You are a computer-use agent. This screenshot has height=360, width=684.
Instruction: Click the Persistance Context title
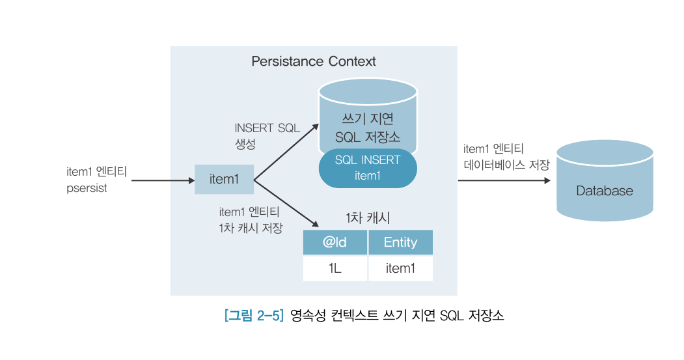pyautogui.click(x=313, y=62)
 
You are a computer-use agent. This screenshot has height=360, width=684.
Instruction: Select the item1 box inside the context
pyautogui.click(x=224, y=179)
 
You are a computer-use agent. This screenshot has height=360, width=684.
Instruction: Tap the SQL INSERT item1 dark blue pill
pyautogui.click(x=368, y=168)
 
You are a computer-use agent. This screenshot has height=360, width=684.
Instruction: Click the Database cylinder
pyautogui.click(x=605, y=191)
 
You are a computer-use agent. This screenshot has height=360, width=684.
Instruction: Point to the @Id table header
pyautogui.click(x=335, y=243)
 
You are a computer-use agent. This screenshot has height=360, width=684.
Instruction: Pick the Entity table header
pyautogui.click(x=400, y=243)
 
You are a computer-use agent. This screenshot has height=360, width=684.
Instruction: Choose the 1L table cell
pyautogui.click(x=335, y=268)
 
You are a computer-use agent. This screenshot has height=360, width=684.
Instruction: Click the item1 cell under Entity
pyautogui.click(x=400, y=268)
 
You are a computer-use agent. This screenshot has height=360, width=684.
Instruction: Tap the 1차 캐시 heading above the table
pyautogui.click(x=368, y=218)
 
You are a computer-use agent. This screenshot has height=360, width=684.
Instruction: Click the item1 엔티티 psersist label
pyautogui.click(x=96, y=180)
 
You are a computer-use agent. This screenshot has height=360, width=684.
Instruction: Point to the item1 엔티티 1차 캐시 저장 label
pyautogui.click(x=250, y=220)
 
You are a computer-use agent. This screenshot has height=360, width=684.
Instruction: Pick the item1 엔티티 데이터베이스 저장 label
pyautogui.click(x=506, y=157)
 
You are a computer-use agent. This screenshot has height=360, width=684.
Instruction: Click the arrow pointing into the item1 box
pyautogui.click(x=163, y=180)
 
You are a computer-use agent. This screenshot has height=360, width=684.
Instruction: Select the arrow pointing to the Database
pyautogui.click(x=504, y=180)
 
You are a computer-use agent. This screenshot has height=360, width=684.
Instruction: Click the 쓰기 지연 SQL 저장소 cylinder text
pyautogui.click(x=368, y=128)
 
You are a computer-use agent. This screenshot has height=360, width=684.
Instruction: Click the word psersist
pyautogui.click(x=87, y=188)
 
